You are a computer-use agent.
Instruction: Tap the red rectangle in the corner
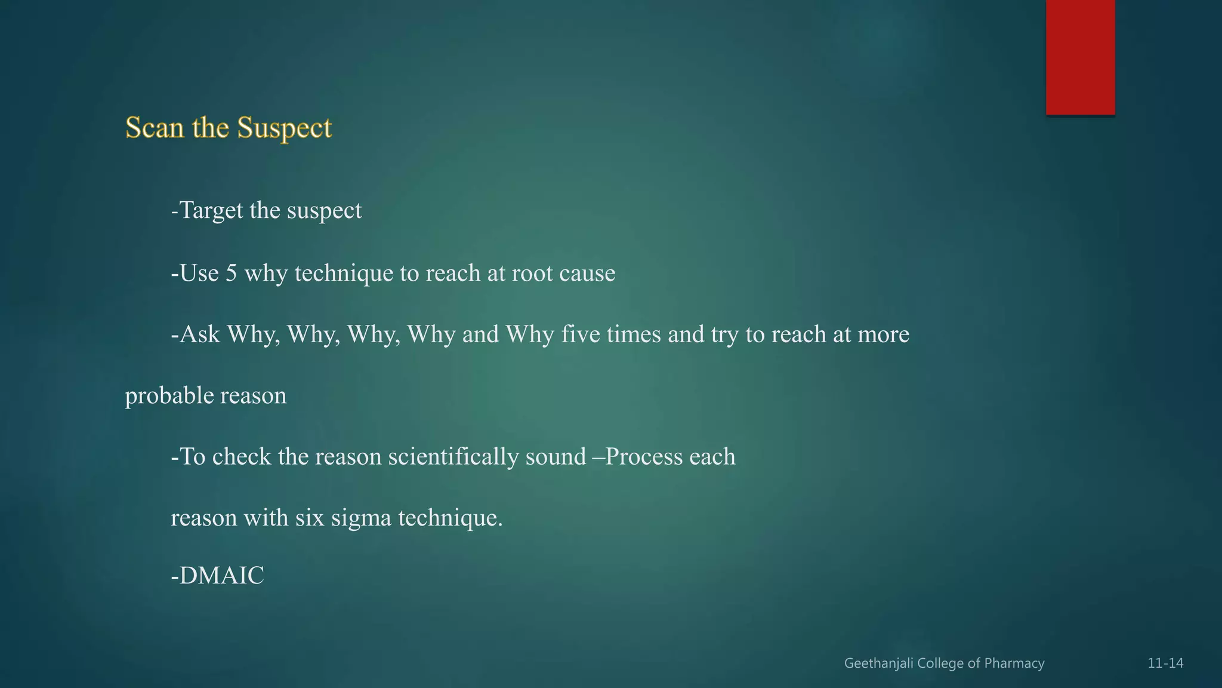1080,57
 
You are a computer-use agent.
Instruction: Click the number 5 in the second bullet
231,273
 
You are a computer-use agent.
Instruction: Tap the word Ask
200,334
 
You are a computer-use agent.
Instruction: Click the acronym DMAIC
221,576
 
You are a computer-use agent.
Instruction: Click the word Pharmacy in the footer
1014,664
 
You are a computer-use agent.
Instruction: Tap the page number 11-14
1165,664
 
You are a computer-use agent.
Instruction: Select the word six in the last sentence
310,518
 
